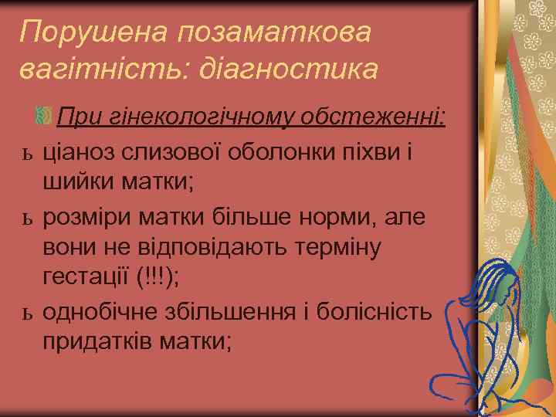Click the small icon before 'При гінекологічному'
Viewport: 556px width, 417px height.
coord(43,117)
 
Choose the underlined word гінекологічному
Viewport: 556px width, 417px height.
coord(193,117)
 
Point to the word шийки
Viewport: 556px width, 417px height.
coord(76,182)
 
